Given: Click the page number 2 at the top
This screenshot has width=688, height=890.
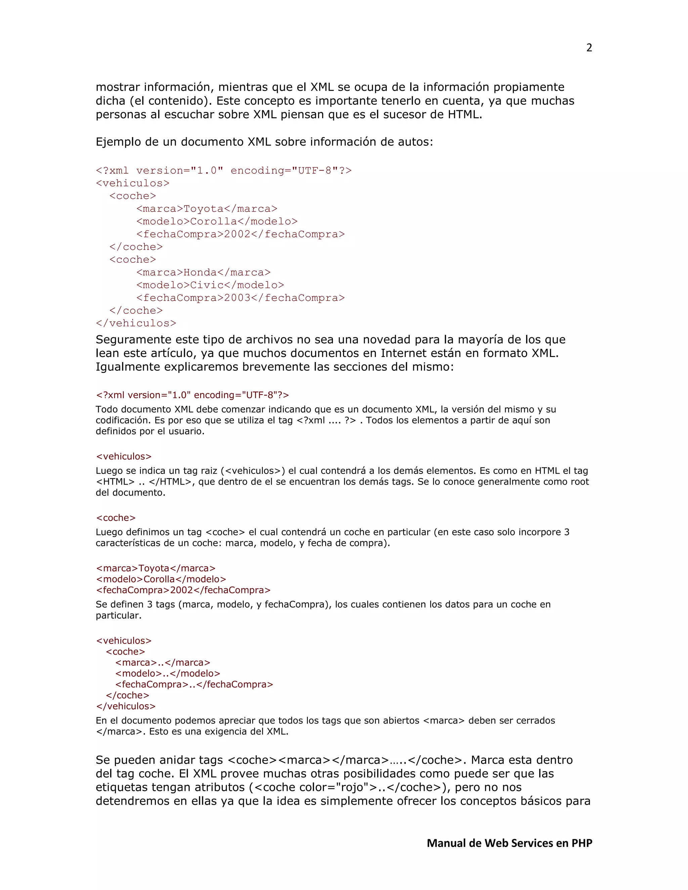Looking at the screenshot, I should tap(589, 48).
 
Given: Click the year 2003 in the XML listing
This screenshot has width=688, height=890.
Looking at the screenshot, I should tap(237, 298).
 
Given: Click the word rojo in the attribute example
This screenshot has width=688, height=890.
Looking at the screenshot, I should tap(352, 787).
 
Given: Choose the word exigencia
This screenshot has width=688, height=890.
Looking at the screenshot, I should tap(225, 731).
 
